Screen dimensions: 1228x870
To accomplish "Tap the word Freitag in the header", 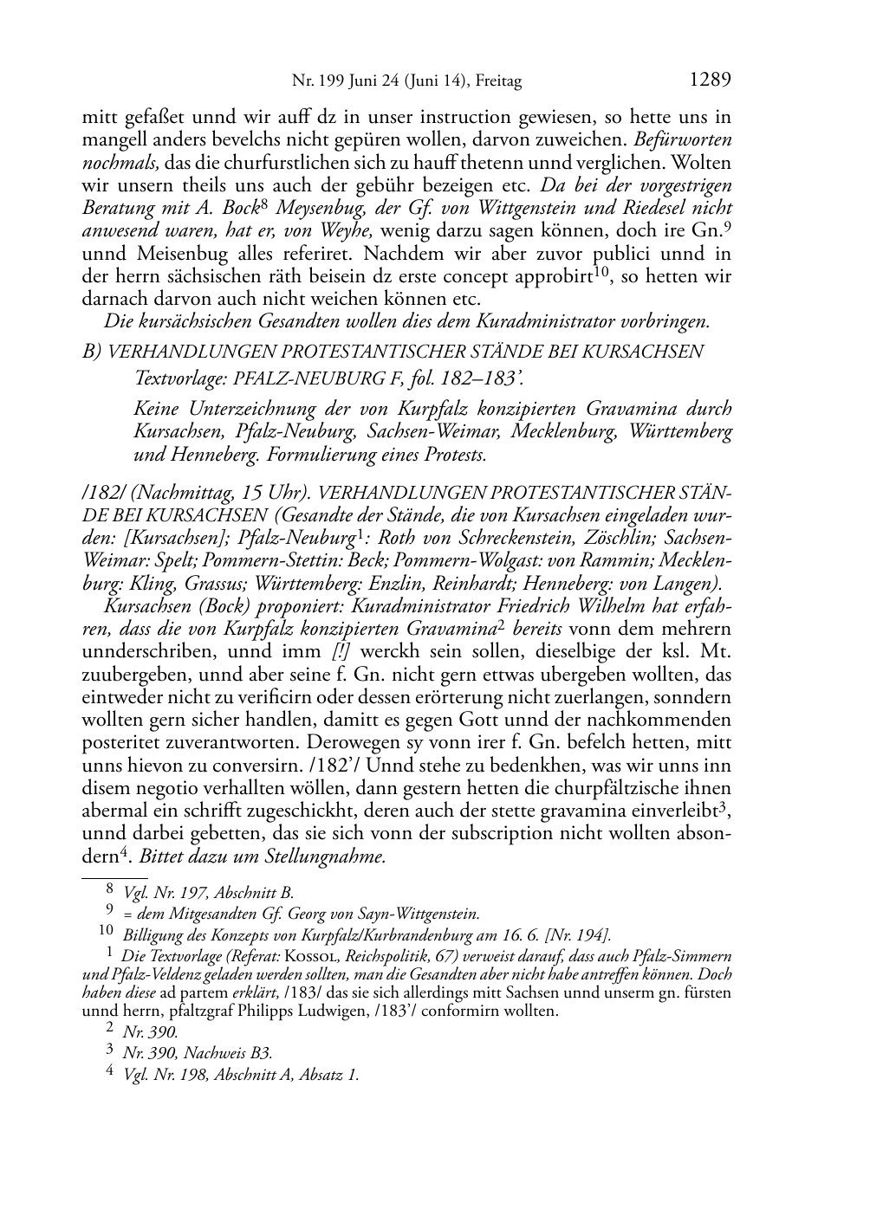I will pos(497,81).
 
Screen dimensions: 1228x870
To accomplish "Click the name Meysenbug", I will pos(316,208).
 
